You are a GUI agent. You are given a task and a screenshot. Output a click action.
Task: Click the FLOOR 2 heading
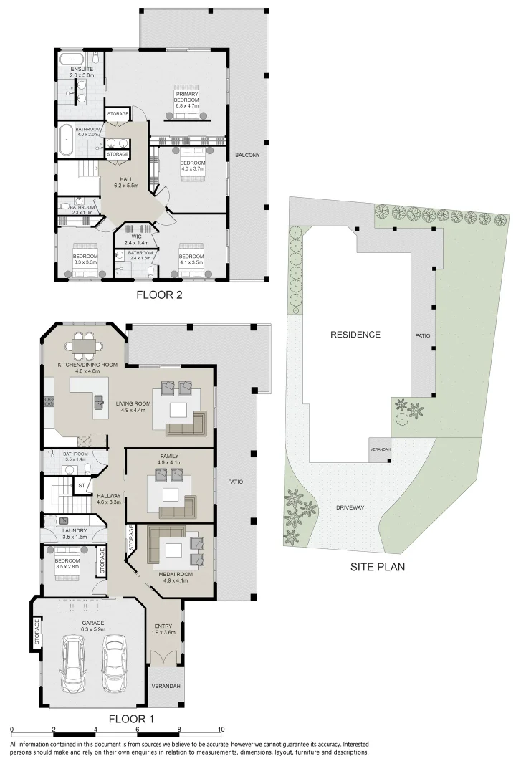point(161,294)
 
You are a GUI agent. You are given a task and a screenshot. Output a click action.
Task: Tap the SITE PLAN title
point(378,566)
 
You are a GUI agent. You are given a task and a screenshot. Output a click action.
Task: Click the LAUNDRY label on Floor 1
point(74,530)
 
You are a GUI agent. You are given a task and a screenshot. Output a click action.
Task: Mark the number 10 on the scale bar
point(221,730)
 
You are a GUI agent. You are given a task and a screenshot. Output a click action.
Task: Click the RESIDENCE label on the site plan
point(355,335)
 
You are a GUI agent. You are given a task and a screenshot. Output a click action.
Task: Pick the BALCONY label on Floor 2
point(246,156)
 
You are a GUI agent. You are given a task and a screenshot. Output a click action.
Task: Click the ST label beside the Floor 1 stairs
point(81,485)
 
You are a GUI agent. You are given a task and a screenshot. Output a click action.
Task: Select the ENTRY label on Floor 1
point(162,627)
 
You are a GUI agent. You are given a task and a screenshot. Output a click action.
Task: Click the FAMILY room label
point(170,457)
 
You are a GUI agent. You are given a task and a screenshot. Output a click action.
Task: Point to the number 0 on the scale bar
point(12,730)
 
